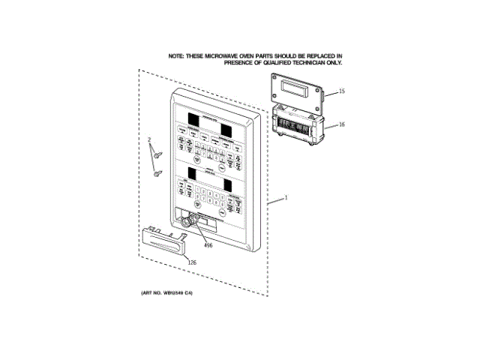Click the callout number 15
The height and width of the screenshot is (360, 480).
pyautogui.click(x=341, y=91)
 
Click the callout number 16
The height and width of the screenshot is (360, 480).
pyautogui.click(x=341, y=124)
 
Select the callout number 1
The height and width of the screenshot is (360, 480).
pyautogui.click(x=286, y=199)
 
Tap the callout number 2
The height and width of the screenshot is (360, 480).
pyautogui.click(x=149, y=140)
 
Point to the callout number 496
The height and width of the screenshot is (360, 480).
pyautogui.click(x=208, y=244)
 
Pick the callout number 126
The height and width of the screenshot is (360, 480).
pyautogui.click(x=191, y=262)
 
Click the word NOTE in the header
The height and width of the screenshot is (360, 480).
pyautogui.click(x=175, y=56)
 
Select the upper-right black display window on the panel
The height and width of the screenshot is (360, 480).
pyautogui.click(x=228, y=127)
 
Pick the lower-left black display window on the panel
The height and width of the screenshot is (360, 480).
pyautogui.click(x=191, y=173)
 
